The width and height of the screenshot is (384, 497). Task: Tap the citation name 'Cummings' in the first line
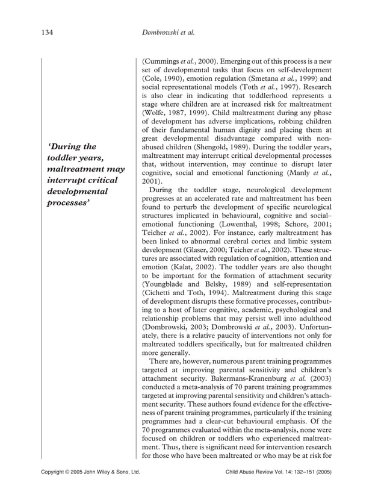tap(161, 61)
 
